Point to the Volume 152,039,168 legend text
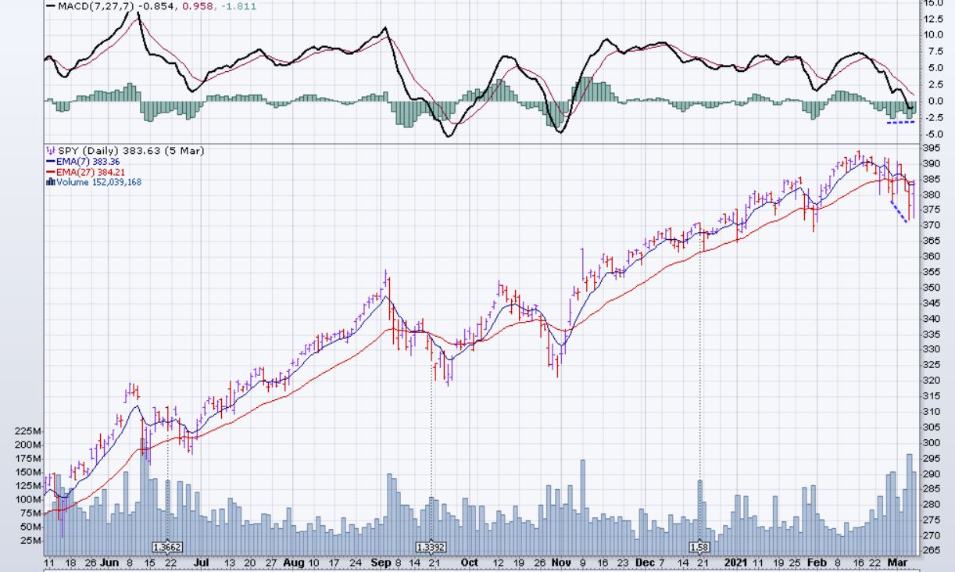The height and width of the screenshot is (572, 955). [x=99, y=182]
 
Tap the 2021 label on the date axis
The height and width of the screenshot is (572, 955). [x=736, y=562]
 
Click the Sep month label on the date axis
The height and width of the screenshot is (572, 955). [x=382, y=562]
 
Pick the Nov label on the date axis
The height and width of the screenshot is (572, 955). [x=561, y=562]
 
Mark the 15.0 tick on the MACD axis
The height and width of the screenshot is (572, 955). [x=934, y=2]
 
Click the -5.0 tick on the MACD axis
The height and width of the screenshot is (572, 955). [x=934, y=134]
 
